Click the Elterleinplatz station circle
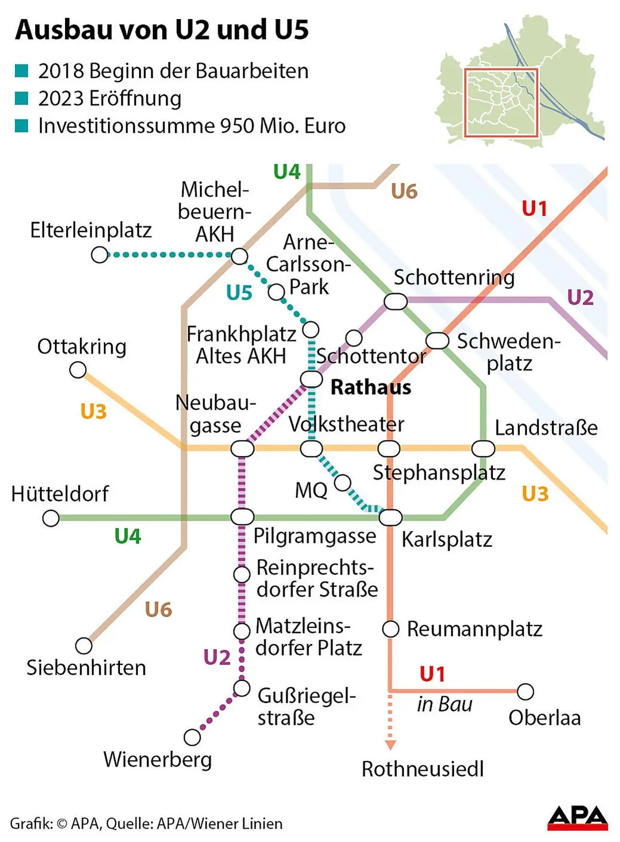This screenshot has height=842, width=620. point(99,255)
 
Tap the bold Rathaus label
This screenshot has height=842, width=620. point(370,387)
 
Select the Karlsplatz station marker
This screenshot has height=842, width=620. point(391,517)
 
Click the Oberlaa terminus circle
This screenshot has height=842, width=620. point(525,691)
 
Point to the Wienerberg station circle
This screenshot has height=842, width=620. point(192,737)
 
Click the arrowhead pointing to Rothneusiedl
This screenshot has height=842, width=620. point(391,745)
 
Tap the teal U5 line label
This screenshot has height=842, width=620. point(239,293)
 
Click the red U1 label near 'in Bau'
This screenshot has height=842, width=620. point(432,674)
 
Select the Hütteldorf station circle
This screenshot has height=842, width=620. point(51,518)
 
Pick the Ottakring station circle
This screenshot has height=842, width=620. point(78,370)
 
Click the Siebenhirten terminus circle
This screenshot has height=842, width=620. point(84,646)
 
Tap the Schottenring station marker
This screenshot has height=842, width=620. point(396,301)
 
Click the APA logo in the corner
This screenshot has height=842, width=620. point(577,818)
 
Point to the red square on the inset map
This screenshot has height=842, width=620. point(501,102)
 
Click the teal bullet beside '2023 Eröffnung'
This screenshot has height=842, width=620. point(21,98)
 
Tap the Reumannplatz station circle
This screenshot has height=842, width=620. point(391,629)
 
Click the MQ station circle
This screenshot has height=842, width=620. point(343,483)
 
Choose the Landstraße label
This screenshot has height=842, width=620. point(546,428)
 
